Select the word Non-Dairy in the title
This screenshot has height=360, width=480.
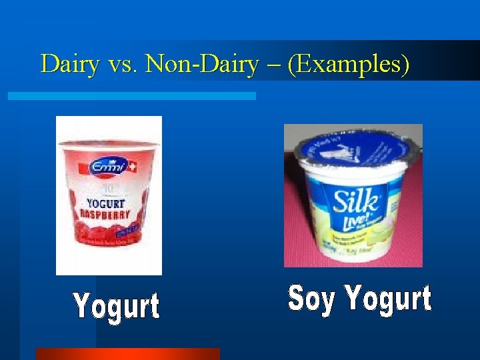coord(201,64)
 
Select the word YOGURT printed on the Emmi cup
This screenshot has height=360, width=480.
coord(107,202)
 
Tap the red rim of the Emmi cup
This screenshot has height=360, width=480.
coord(109,143)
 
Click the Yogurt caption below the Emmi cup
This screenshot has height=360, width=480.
coord(117,307)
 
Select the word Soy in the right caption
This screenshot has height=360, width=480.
coord(311,299)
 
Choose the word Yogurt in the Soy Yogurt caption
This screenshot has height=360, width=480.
coord(388,299)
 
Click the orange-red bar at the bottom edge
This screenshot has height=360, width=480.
coord(127,354)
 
